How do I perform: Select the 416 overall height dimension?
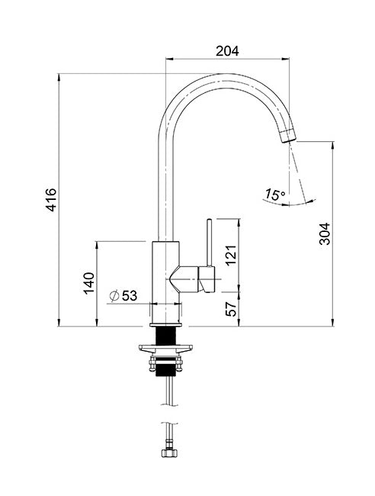pos(51,201)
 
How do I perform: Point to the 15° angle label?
pos(274,195)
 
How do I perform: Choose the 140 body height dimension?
pos(88,283)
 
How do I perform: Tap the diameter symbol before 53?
pos(114,295)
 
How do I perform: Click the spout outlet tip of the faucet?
pos(287,136)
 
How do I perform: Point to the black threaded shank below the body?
pos(167,336)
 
